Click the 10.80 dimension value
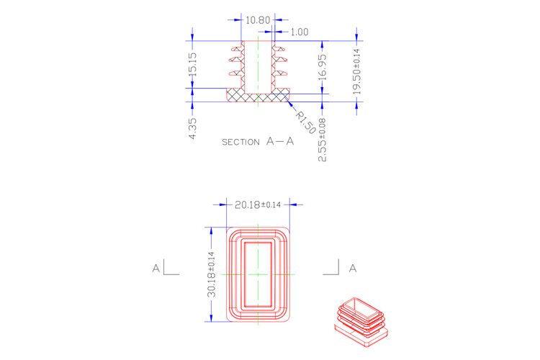[258, 20]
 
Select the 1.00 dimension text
[300, 32]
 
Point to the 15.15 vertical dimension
[192, 64]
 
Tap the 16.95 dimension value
[323, 68]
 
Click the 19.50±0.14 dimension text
[356, 72]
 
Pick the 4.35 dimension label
[192, 128]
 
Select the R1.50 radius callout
[305, 122]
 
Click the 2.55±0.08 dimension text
[323, 140]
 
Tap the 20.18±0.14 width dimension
[258, 204]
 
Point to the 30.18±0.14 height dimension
[211, 274]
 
